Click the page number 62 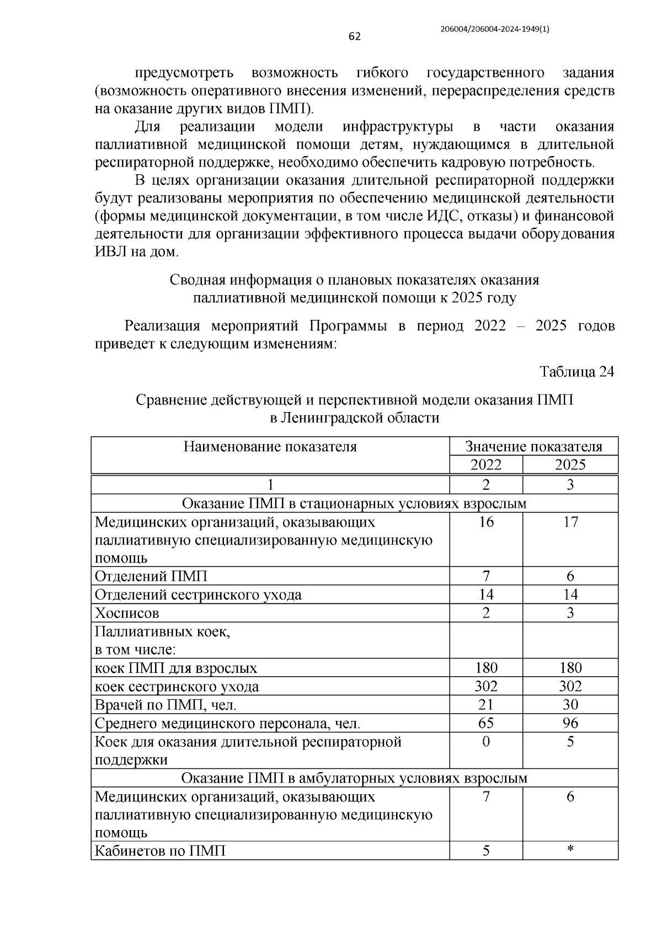(x=354, y=37)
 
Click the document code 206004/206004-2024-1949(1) (x=495, y=30)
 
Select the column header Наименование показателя (x=270, y=446)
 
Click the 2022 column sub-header (x=485, y=464)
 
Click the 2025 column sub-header (x=570, y=464)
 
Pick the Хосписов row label (x=127, y=613)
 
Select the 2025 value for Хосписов (x=570, y=613)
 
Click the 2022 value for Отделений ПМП (x=485, y=576)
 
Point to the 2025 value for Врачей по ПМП (x=570, y=705)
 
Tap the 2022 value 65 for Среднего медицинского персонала (x=485, y=723)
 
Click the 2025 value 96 (x=570, y=723)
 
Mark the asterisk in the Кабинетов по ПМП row (x=570, y=851)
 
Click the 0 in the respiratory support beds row (x=485, y=742)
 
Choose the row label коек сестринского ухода (x=177, y=687)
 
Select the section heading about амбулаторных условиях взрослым (x=354, y=778)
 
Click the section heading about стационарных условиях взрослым (x=354, y=503)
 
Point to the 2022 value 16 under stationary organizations (x=485, y=522)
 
